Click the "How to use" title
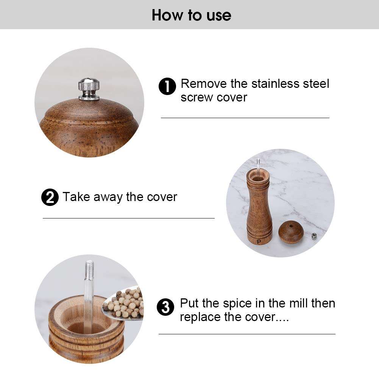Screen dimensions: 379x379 pyautogui.click(x=191, y=15)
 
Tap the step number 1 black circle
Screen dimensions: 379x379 pyautogui.click(x=167, y=87)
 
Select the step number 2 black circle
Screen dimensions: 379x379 pyautogui.click(x=50, y=198)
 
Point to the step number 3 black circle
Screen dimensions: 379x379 pyautogui.click(x=165, y=307)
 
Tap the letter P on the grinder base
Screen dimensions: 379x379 pyautogui.click(x=259, y=242)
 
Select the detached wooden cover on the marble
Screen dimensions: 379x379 pyautogui.click(x=291, y=232)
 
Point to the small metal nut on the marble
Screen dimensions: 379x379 pyautogui.click(x=314, y=236)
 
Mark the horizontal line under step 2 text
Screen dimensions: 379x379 pyautogui.click(x=128, y=218)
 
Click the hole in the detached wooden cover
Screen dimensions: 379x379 pyautogui.click(x=291, y=226)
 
